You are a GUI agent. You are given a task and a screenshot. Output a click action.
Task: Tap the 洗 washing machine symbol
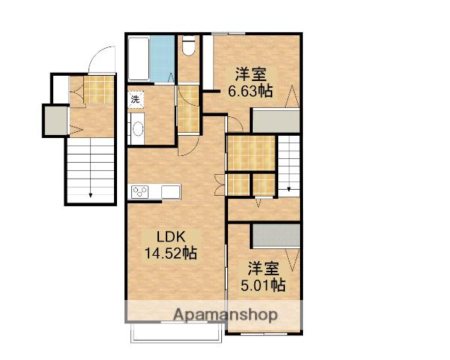point(136,99)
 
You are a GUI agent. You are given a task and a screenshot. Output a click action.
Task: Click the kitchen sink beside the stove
point(170,192)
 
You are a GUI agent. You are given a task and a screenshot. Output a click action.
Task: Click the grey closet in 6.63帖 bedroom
point(275,121)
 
